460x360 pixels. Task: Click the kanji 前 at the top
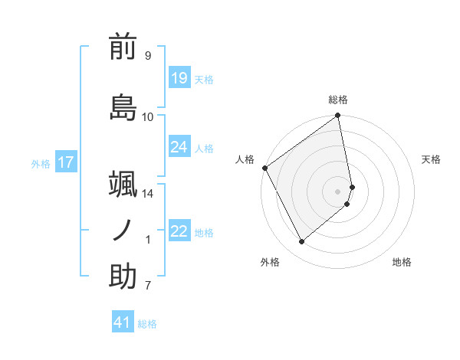(123, 47)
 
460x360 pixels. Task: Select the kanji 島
(123, 107)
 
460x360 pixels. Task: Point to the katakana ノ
(123, 230)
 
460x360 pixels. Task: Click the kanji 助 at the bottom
(123, 277)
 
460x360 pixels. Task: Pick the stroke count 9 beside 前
(147, 56)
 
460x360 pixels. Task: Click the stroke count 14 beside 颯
(147, 194)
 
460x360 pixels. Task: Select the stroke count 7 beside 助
(147, 286)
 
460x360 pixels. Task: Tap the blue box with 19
(179, 78)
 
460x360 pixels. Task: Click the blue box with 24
(179, 147)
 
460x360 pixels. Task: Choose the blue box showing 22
(179, 231)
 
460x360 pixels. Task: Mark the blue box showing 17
(65, 162)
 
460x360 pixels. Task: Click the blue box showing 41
(123, 322)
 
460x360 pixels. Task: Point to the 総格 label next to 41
(147, 324)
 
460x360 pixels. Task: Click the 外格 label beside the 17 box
(41, 163)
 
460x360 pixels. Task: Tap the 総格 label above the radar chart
(338, 100)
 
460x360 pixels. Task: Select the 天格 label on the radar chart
(431, 159)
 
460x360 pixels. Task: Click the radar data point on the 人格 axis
(264, 168)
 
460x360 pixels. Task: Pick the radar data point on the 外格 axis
(301, 242)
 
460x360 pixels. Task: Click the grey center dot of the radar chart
(338, 191)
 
